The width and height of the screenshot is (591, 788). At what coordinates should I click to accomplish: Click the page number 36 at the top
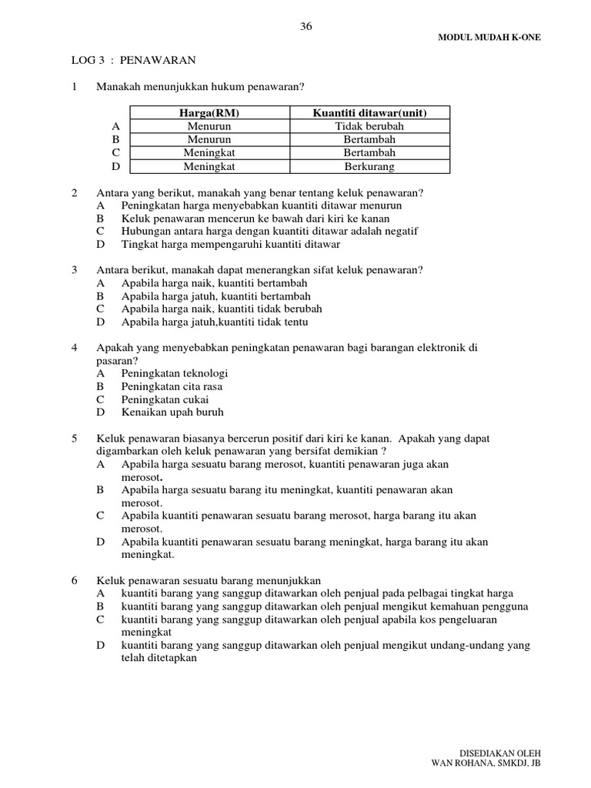click(306, 26)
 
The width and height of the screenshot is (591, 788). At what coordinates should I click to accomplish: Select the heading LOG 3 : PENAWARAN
click(129, 59)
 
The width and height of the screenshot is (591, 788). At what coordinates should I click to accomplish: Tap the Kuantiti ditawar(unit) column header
click(369, 113)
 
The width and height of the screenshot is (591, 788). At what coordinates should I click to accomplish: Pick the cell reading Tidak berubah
click(369, 126)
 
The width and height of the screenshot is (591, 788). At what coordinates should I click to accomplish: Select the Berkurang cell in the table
click(369, 166)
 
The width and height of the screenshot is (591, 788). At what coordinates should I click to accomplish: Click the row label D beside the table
click(115, 166)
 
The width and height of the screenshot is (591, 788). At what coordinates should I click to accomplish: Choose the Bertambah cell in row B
click(369, 139)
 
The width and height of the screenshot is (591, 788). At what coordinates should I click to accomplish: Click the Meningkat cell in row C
click(209, 153)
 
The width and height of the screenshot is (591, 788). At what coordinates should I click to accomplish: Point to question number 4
click(74, 348)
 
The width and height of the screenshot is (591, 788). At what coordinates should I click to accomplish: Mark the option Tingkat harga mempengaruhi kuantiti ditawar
click(230, 245)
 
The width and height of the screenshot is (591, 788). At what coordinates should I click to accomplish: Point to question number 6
click(74, 580)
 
